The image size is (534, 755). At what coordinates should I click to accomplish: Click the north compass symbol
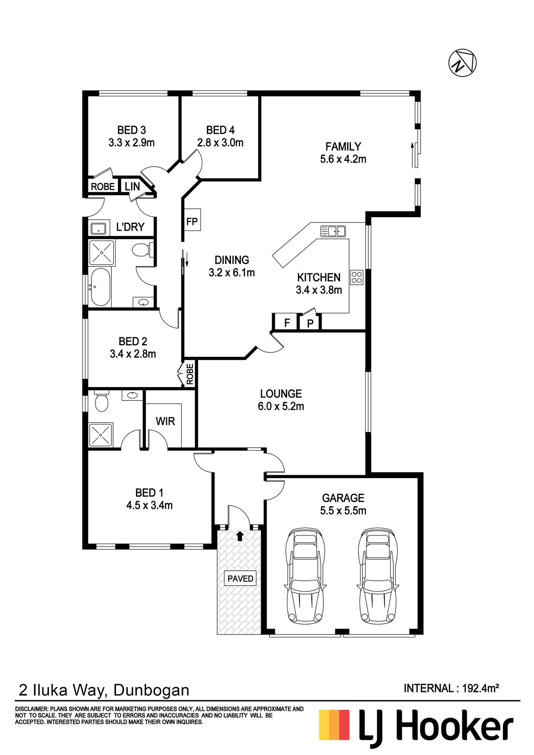pos(462,63)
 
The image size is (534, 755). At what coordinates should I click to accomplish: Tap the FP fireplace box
pos(192,220)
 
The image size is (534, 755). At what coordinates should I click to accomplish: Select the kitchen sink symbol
pos(333,231)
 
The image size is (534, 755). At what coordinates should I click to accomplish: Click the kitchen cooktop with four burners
pos(357,277)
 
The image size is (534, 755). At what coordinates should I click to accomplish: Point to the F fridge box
pos(287,322)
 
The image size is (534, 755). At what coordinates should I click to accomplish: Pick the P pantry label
pos(310,324)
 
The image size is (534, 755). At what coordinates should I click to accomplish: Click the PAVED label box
pos(240,578)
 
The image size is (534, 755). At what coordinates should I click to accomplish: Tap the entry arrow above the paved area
pos(240,536)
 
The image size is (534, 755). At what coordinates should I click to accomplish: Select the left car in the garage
pos(305,576)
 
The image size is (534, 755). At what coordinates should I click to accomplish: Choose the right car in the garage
pos(377,576)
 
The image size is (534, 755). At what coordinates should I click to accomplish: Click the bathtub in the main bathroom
pos(100,287)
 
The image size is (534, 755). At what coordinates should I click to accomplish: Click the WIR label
pos(165,421)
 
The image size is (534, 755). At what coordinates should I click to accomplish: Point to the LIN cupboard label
pos(132,186)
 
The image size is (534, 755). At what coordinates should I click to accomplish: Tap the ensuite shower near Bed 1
pos(101,435)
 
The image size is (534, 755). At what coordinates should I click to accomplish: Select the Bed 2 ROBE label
pos(190,374)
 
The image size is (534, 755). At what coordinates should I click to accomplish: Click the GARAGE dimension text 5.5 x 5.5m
pos(343,510)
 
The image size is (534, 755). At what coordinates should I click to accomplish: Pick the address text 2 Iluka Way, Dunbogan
pos(104,690)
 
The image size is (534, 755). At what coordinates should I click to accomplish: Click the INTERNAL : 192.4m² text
pos(451,688)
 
